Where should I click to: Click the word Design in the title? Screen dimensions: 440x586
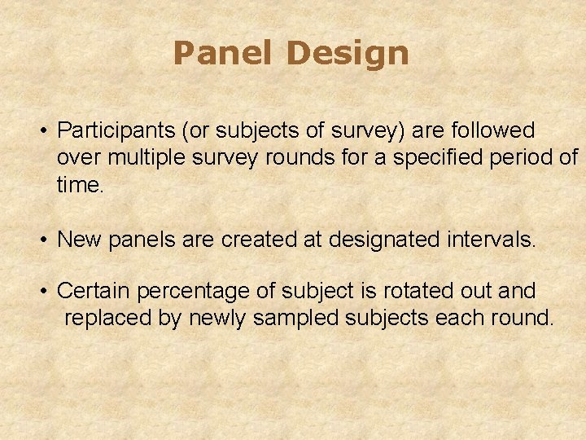tap(347, 54)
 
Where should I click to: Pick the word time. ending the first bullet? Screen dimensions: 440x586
tap(81, 185)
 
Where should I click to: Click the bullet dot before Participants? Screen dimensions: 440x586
tap(47, 130)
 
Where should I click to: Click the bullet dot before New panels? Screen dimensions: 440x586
tap(47, 240)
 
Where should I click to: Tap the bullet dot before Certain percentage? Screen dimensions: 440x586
tap(47, 291)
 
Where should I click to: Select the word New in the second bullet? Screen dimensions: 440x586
tap(77, 240)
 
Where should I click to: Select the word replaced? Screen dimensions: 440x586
tap(107, 318)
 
